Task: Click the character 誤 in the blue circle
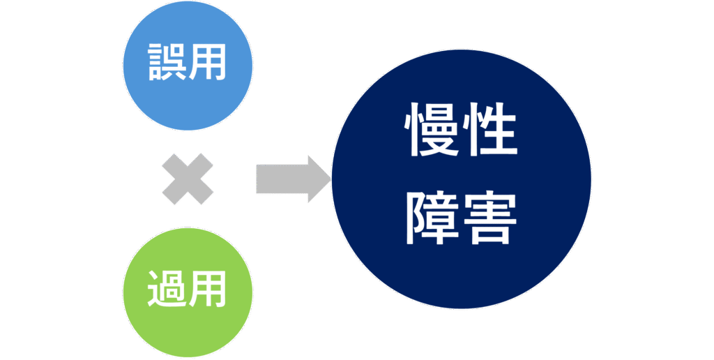coord(167,62)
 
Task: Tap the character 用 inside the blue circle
coord(208,62)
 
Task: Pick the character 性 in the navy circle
coord(492,130)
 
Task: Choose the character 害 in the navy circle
coord(492,218)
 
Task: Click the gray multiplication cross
coord(188,179)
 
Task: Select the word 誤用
coord(188,62)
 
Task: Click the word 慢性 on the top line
coord(461,130)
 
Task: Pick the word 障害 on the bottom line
coord(461,218)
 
